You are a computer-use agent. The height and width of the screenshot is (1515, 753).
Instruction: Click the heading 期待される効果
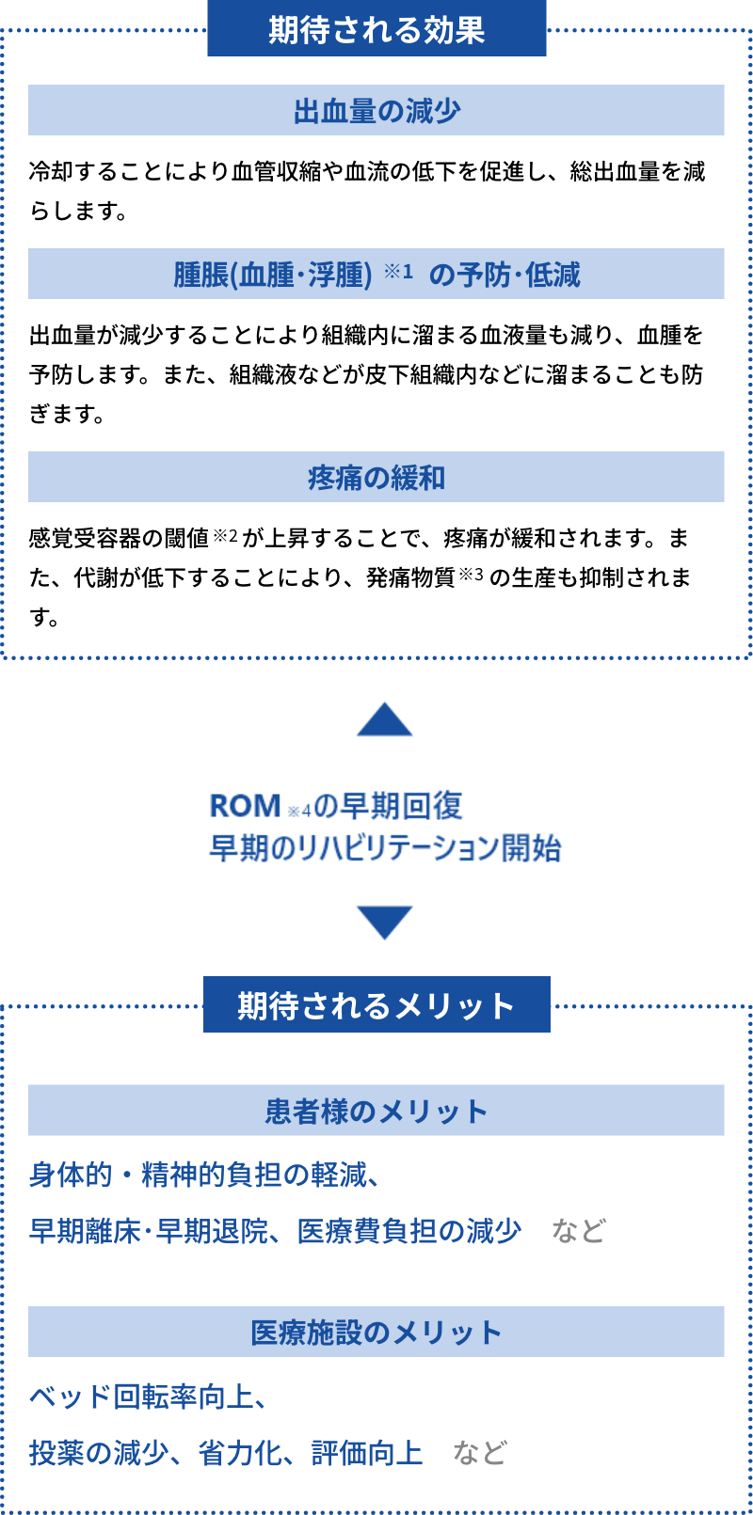(376, 30)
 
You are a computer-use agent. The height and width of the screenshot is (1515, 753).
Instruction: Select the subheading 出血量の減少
(376, 111)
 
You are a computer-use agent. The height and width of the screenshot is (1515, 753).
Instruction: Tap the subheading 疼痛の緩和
(376, 478)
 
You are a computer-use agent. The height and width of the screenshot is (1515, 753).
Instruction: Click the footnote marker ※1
(398, 271)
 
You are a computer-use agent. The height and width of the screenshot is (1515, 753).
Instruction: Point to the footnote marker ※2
(226, 536)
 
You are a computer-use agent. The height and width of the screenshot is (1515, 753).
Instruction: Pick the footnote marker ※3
(472, 575)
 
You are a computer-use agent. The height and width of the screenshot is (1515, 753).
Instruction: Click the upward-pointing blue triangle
(385, 719)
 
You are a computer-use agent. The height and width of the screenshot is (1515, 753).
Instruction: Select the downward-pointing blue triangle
(385, 923)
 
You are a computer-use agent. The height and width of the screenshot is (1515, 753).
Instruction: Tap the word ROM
(245, 806)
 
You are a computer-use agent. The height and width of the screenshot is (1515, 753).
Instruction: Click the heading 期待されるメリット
(376, 1005)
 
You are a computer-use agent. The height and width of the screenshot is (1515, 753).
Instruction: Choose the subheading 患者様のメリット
(376, 1112)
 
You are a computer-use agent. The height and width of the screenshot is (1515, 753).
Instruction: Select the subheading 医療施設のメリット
(376, 1334)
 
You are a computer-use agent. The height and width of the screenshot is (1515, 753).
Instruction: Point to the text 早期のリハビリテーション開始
(385, 849)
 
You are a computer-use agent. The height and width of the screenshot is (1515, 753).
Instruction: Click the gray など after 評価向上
(479, 1452)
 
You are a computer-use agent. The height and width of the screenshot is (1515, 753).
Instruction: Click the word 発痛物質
(411, 576)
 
